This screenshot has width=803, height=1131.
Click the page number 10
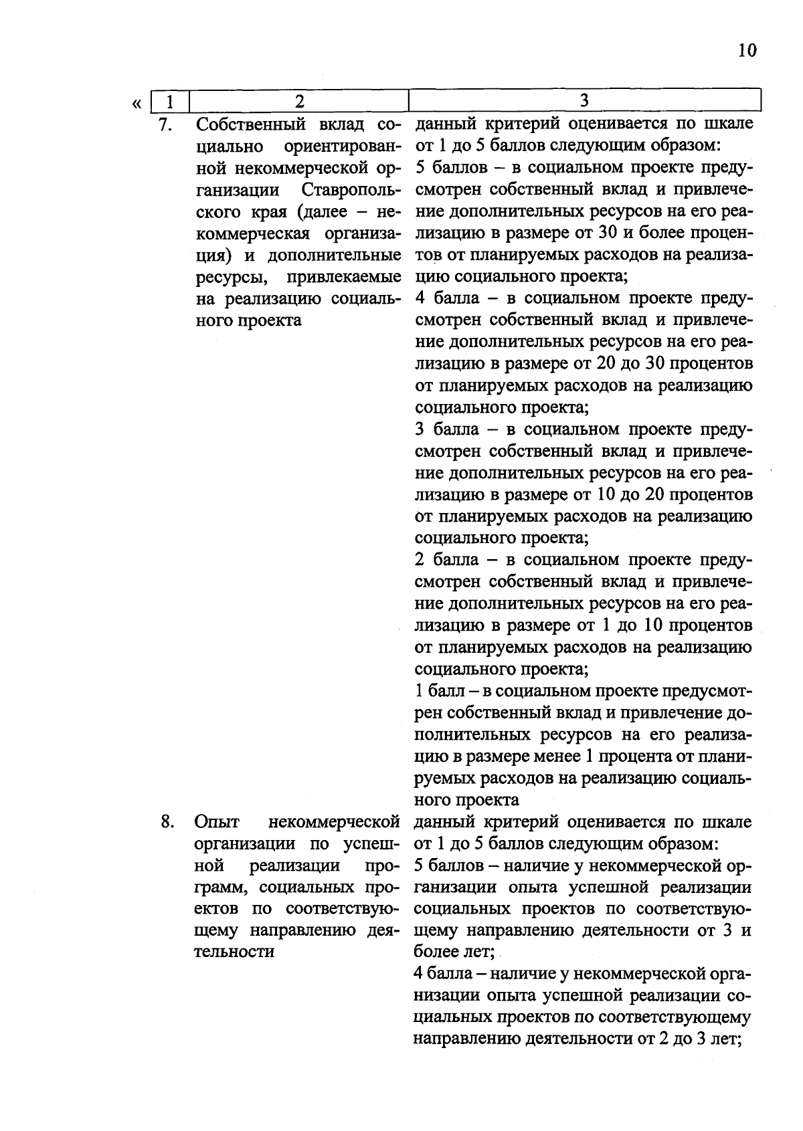point(747,51)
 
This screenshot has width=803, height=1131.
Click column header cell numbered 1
point(170,101)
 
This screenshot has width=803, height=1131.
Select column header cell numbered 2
point(299,101)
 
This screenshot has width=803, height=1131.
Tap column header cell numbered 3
point(584,101)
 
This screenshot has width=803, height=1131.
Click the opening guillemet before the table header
point(137,104)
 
